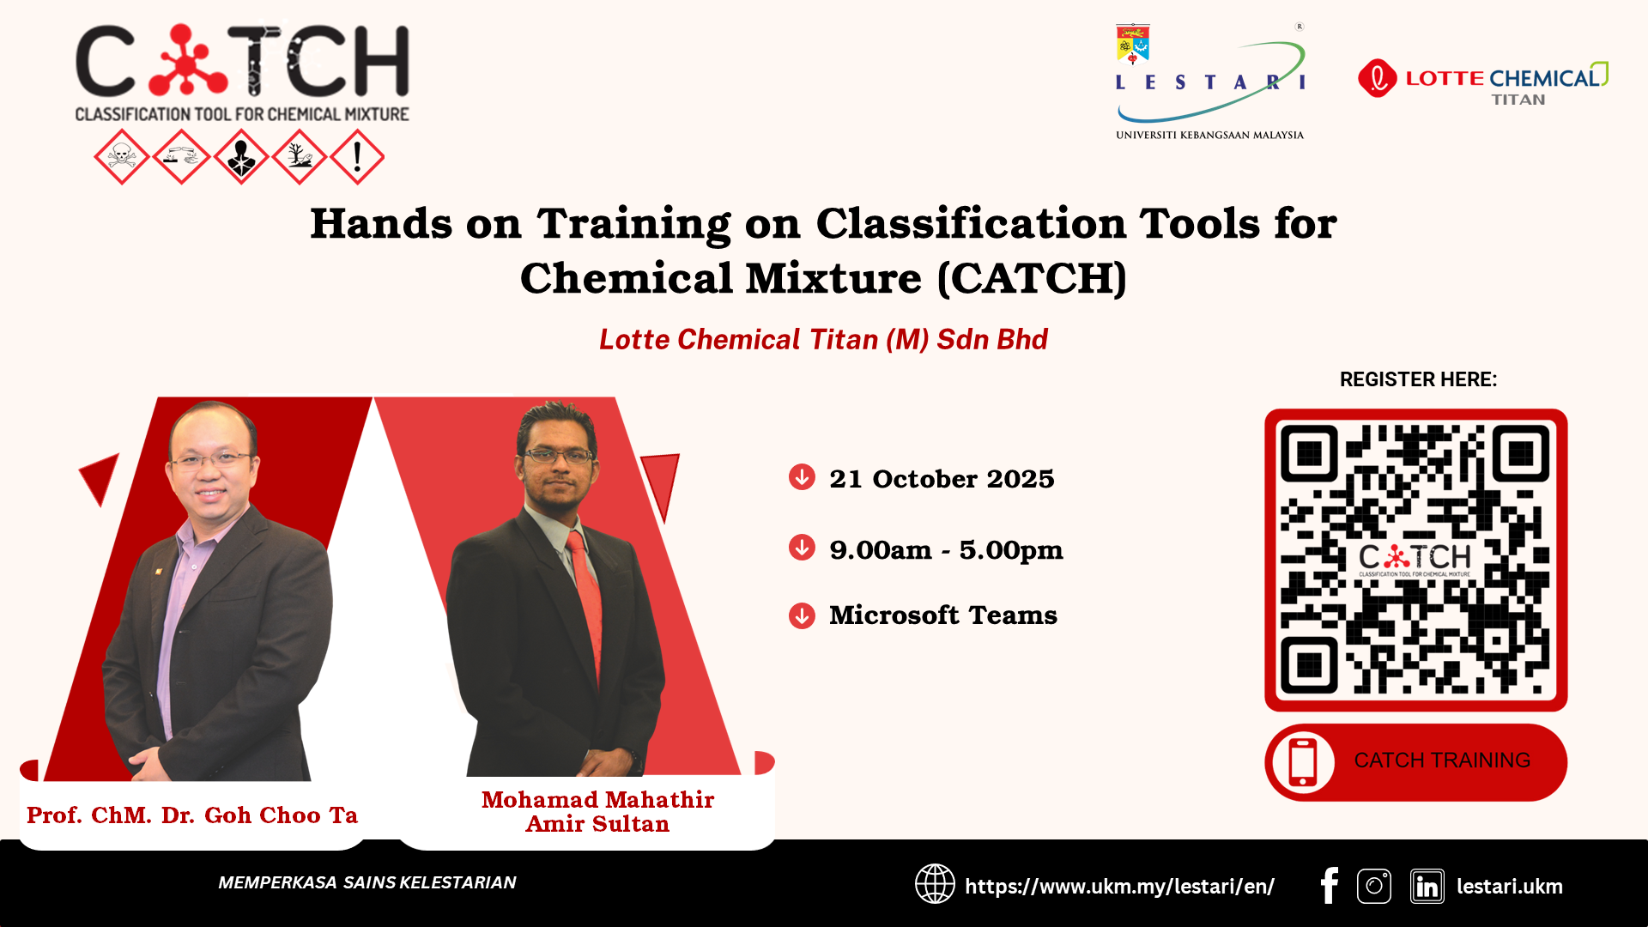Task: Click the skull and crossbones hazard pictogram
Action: (122, 157)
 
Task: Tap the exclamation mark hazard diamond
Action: (357, 157)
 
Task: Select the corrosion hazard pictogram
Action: (181, 157)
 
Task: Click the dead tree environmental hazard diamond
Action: (299, 157)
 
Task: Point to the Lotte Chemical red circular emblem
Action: (1378, 78)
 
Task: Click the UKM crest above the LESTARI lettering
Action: (1133, 44)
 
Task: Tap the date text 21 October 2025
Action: (942, 479)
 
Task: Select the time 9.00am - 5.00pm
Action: (946, 549)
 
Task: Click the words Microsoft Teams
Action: (942, 615)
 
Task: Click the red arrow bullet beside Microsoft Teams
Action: (802, 615)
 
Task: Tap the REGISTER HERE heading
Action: (1418, 379)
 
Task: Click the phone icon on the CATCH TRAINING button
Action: (1303, 762)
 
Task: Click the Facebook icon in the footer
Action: (1330, 886)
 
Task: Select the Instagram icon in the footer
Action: (1374, 886)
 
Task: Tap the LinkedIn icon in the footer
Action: (1427, 887)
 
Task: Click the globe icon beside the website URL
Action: (935, 884)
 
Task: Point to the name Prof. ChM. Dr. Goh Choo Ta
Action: (192, 815)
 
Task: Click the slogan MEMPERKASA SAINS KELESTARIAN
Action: (367, 882)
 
